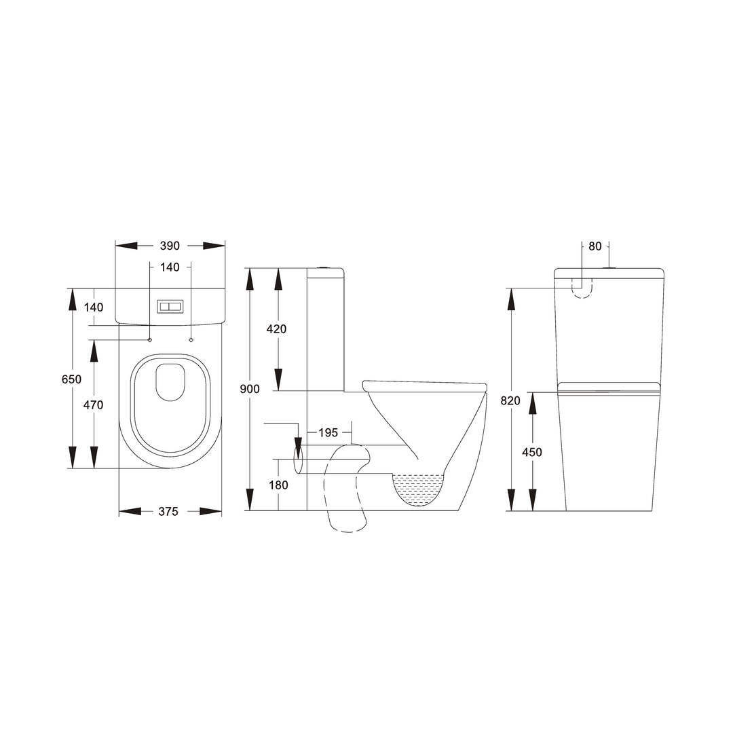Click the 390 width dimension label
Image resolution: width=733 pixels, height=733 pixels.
[x=170, y=246]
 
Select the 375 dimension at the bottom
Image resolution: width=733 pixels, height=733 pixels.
[x=168, y=512]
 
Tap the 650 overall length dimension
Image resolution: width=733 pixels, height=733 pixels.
[x=71, y=379]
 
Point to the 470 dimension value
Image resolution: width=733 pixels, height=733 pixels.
[x=93, y=405]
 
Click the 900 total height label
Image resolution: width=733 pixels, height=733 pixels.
[x=249, y=389]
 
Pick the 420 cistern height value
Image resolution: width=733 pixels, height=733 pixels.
[x=276, y=329]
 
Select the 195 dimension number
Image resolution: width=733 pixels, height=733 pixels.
[x=328, y=433]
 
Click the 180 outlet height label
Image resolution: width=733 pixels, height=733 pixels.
[x=278, y=485]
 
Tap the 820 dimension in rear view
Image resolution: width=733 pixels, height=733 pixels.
[x=510, y=400]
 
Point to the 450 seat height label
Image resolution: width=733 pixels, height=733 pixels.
[x=532, y=452]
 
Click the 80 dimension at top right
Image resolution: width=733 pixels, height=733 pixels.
[x=595, y=246]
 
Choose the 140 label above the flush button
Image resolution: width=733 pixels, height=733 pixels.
[x=170, y=267]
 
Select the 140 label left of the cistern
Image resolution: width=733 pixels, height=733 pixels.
[x=94, y=307]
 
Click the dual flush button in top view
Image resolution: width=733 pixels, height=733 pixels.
[x=170, y=307]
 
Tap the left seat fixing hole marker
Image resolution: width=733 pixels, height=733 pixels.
[x=150, y=339]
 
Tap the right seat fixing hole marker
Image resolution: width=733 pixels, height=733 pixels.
[x=191, y=339]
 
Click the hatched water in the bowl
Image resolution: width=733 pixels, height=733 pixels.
[x=418, y=489]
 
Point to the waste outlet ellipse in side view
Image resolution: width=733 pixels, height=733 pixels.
[x=297, y=459]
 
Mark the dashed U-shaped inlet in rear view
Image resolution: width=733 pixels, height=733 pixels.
[x=582, y=289]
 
